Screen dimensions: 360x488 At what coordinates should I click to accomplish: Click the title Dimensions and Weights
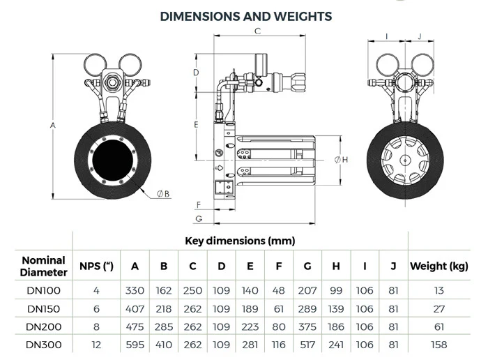point(246,15)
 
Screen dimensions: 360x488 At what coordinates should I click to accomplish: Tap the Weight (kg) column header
point(438,266)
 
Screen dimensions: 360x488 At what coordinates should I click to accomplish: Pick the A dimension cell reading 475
point(135,326)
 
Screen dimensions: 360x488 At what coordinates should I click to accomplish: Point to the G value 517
point(307,344)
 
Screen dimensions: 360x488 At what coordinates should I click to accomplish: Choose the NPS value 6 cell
point(98,308)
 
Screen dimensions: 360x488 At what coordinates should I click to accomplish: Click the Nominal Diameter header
point(43,266)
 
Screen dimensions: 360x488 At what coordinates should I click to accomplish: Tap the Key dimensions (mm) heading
point(240,241)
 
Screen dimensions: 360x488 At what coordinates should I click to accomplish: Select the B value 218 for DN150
point(163,308)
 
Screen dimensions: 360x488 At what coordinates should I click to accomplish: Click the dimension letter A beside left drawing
point(53,126)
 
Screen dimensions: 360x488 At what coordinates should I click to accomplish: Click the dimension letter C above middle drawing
point(257,31)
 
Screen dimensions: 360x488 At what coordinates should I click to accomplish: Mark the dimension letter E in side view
point(197,124)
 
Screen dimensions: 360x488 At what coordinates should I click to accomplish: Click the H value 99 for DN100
point(336,290)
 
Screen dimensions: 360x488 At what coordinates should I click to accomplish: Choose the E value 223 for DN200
point(250,326)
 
